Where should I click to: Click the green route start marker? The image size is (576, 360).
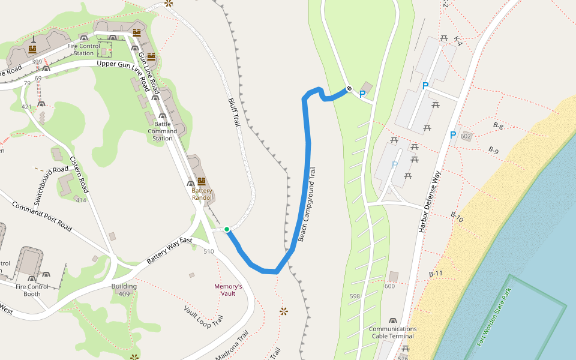click(x=227, y=229)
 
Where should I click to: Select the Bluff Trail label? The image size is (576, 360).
click(x=233, y=112)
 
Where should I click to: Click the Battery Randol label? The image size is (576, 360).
click(x=202, y=194)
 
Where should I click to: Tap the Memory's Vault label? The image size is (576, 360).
click(x=228, y=290)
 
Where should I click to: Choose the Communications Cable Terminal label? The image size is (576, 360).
click(x=392, y=332)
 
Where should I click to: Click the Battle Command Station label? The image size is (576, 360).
click(x=162, y=131)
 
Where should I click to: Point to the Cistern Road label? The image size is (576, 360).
click(x=79, y=175)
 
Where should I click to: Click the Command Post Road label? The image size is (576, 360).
click(x=42, y=217)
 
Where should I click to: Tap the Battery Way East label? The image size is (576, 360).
click(x=169, y=251)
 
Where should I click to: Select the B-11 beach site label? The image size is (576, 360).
click(x=436, y=274)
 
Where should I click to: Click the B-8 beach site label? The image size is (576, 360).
click(x=498, y=126)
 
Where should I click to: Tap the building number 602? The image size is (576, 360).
click(x=466, y=137)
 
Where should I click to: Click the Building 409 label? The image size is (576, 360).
click(x=124, y=290)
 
